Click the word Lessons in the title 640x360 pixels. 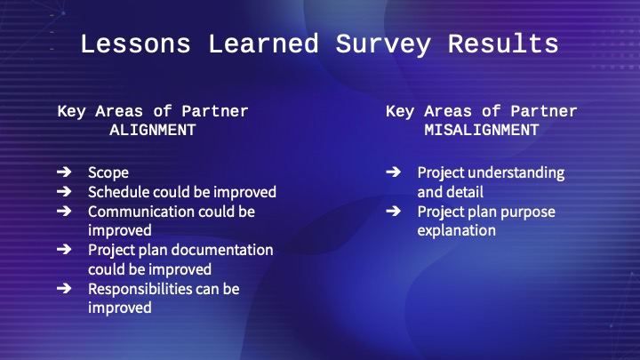(x=135, y=44)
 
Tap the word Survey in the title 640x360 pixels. (x=383, y=45)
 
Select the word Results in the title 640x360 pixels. (x=503, y=44)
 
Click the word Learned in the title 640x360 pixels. (x=263, y=44)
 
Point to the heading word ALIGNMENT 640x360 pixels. (x=153, y=130)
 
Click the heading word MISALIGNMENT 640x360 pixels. (x=482, y=130)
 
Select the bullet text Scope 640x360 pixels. (x=108, y=173)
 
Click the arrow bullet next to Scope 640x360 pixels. (x=64, y=172)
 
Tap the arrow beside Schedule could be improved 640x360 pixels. (x=64, y=191)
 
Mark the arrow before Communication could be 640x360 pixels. (x=64, y=211)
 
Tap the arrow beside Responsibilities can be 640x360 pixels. (x=64, y=289)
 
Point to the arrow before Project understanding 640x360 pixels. (x=394, y=172)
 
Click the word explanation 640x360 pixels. (x=457, y=231)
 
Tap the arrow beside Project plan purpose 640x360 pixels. (x=394, y=211)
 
